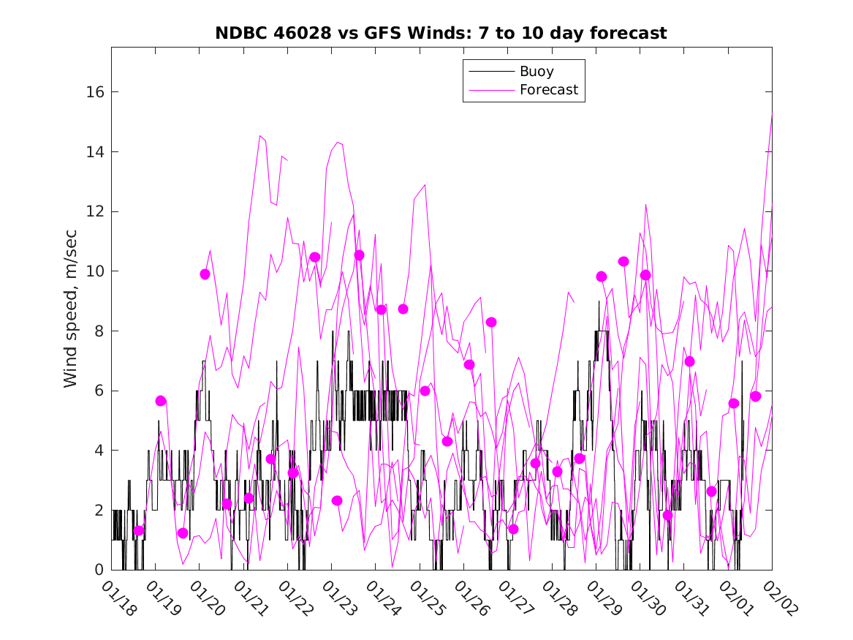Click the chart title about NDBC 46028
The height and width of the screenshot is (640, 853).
441,33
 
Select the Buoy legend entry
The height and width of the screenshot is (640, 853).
536,72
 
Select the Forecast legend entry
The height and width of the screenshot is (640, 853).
548,90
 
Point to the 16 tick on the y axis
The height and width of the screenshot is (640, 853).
98,92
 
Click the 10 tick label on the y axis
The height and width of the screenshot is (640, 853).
98,271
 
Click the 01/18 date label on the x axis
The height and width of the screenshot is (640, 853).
118,599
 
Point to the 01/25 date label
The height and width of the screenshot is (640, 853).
427,599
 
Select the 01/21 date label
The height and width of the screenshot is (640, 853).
251,599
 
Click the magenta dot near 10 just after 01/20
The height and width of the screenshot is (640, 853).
205,274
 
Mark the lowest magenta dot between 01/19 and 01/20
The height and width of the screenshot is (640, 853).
183,532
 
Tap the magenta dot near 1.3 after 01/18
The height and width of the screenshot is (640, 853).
139,530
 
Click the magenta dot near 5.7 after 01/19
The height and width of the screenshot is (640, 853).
161,400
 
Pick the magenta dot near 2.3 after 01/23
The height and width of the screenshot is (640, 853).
337,500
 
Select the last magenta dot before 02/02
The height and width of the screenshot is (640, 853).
756,396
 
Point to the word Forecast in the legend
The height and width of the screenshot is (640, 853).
548,90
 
